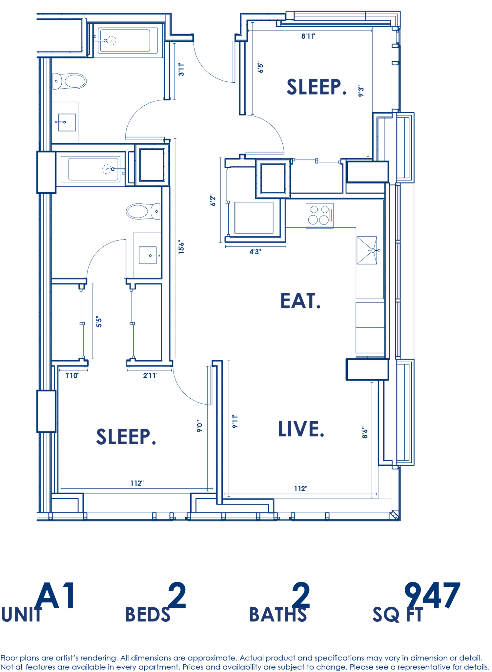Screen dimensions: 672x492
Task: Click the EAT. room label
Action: (x=300, y=301)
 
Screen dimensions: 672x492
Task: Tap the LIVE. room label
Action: (x=301, y=429)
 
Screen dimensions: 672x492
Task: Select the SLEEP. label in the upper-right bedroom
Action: (x=316, y=87)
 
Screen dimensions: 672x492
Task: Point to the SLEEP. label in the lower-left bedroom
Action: (x=126, y=437)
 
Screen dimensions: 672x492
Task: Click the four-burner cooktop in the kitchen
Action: (x=319, y=215)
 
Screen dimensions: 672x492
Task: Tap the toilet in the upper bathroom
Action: (x=71, y=81)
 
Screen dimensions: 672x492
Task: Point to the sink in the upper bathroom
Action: (x=67, y=122)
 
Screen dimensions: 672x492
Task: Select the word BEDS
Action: (x=148, y=615)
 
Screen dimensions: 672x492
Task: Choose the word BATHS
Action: (x=278, y=615)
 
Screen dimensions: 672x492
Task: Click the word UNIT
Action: (x=22, y=615)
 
